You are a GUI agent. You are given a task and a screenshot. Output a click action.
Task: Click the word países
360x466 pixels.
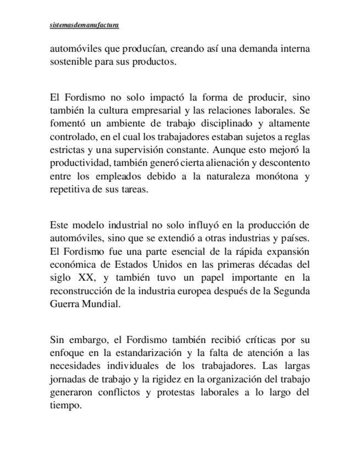[x=295, y=238]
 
